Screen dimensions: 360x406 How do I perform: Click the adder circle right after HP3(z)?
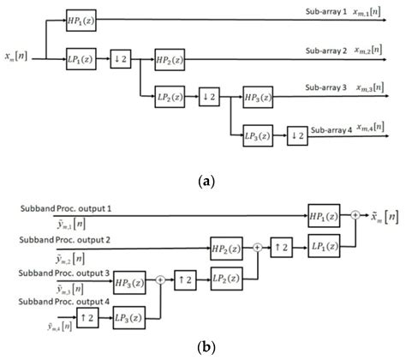(159, 280)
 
